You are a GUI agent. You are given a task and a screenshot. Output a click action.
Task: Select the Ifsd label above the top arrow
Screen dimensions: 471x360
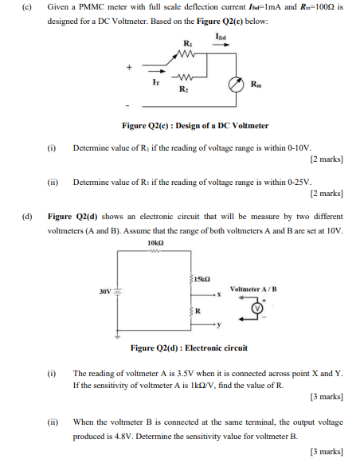[221, 37]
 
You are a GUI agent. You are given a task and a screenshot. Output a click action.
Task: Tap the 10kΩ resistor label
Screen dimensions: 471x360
[156, 242]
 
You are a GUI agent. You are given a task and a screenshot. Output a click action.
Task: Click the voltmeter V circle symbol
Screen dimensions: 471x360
[257, 308]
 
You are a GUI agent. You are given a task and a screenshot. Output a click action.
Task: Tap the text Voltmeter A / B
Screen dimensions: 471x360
[252, 288]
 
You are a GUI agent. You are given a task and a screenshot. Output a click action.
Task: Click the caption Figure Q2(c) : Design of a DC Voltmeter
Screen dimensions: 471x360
[195, 125]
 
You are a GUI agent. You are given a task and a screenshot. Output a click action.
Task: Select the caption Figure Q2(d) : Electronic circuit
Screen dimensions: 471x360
[190, 348]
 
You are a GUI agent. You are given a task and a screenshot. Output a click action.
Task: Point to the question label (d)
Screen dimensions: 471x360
[28, 216]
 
